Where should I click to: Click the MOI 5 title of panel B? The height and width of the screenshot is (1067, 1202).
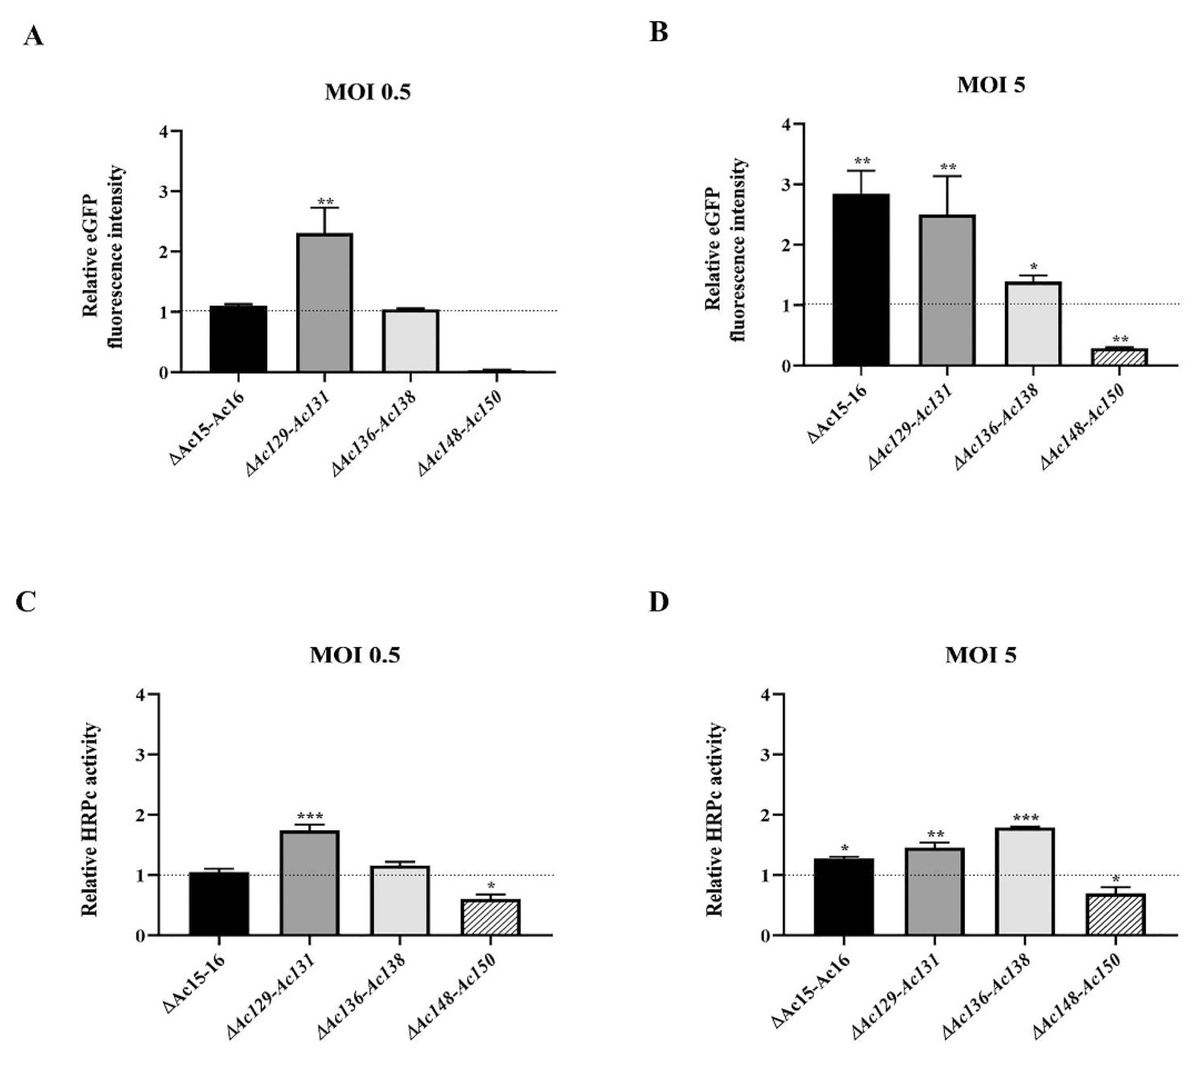[991, 85]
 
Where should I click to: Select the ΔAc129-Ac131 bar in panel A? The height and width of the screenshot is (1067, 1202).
[325, 303]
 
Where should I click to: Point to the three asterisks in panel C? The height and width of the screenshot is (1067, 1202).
[310, 816]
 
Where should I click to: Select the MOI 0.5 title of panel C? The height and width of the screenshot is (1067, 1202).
[355, 655]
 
